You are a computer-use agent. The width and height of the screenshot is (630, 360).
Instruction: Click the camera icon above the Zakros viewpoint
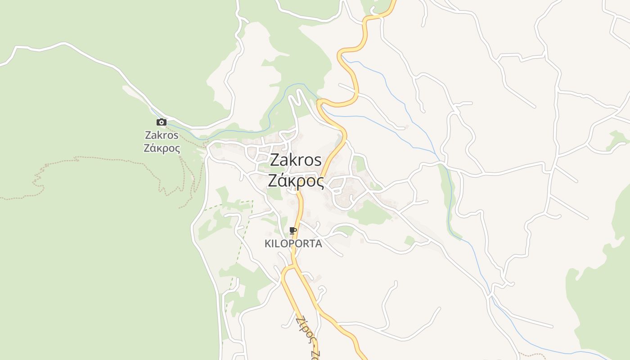pyautogui.click(x=162, y=122)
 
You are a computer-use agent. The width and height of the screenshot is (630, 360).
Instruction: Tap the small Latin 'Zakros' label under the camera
pyautogui.click(x=162, y=135)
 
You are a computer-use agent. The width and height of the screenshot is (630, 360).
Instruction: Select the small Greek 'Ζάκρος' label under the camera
pyautogui.click(x=162, y=148)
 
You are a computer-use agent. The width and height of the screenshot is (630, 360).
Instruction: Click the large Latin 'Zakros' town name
pyautogui.click(x=296, y=160)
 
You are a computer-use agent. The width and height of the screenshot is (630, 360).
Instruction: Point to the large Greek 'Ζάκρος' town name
pyautogui.click(x=296, y=181)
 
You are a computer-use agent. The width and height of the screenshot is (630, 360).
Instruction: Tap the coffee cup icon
pyautogui.click(x=293, y=231)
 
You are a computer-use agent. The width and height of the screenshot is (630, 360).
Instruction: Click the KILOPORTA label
pyautogui.click(x=293, y=244)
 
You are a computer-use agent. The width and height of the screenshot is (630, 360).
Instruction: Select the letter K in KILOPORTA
pyautogui.click(x=268, y=244)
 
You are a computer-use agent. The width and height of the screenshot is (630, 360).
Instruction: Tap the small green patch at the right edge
pyautogui.click(x=615, y=139)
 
